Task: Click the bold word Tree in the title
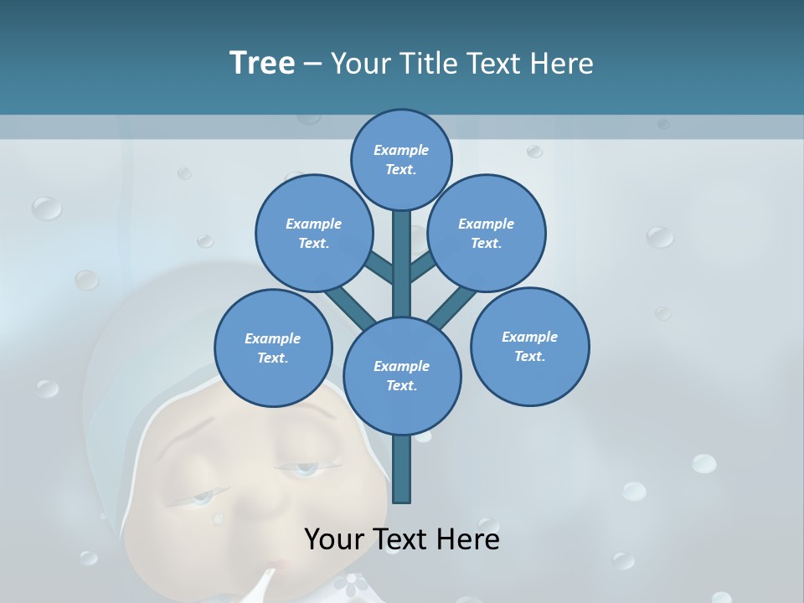coord(262,63)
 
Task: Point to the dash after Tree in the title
coord(312,64)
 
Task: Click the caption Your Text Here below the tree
coord(401,539)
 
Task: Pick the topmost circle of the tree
coord(401,159)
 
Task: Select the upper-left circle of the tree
coord(313,234)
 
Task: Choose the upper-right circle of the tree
coord(487,234)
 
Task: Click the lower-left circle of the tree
coord(273,347)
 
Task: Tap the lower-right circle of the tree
coord(529,346)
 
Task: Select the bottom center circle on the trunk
coord(402,376)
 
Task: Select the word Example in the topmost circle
coord(401,150)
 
